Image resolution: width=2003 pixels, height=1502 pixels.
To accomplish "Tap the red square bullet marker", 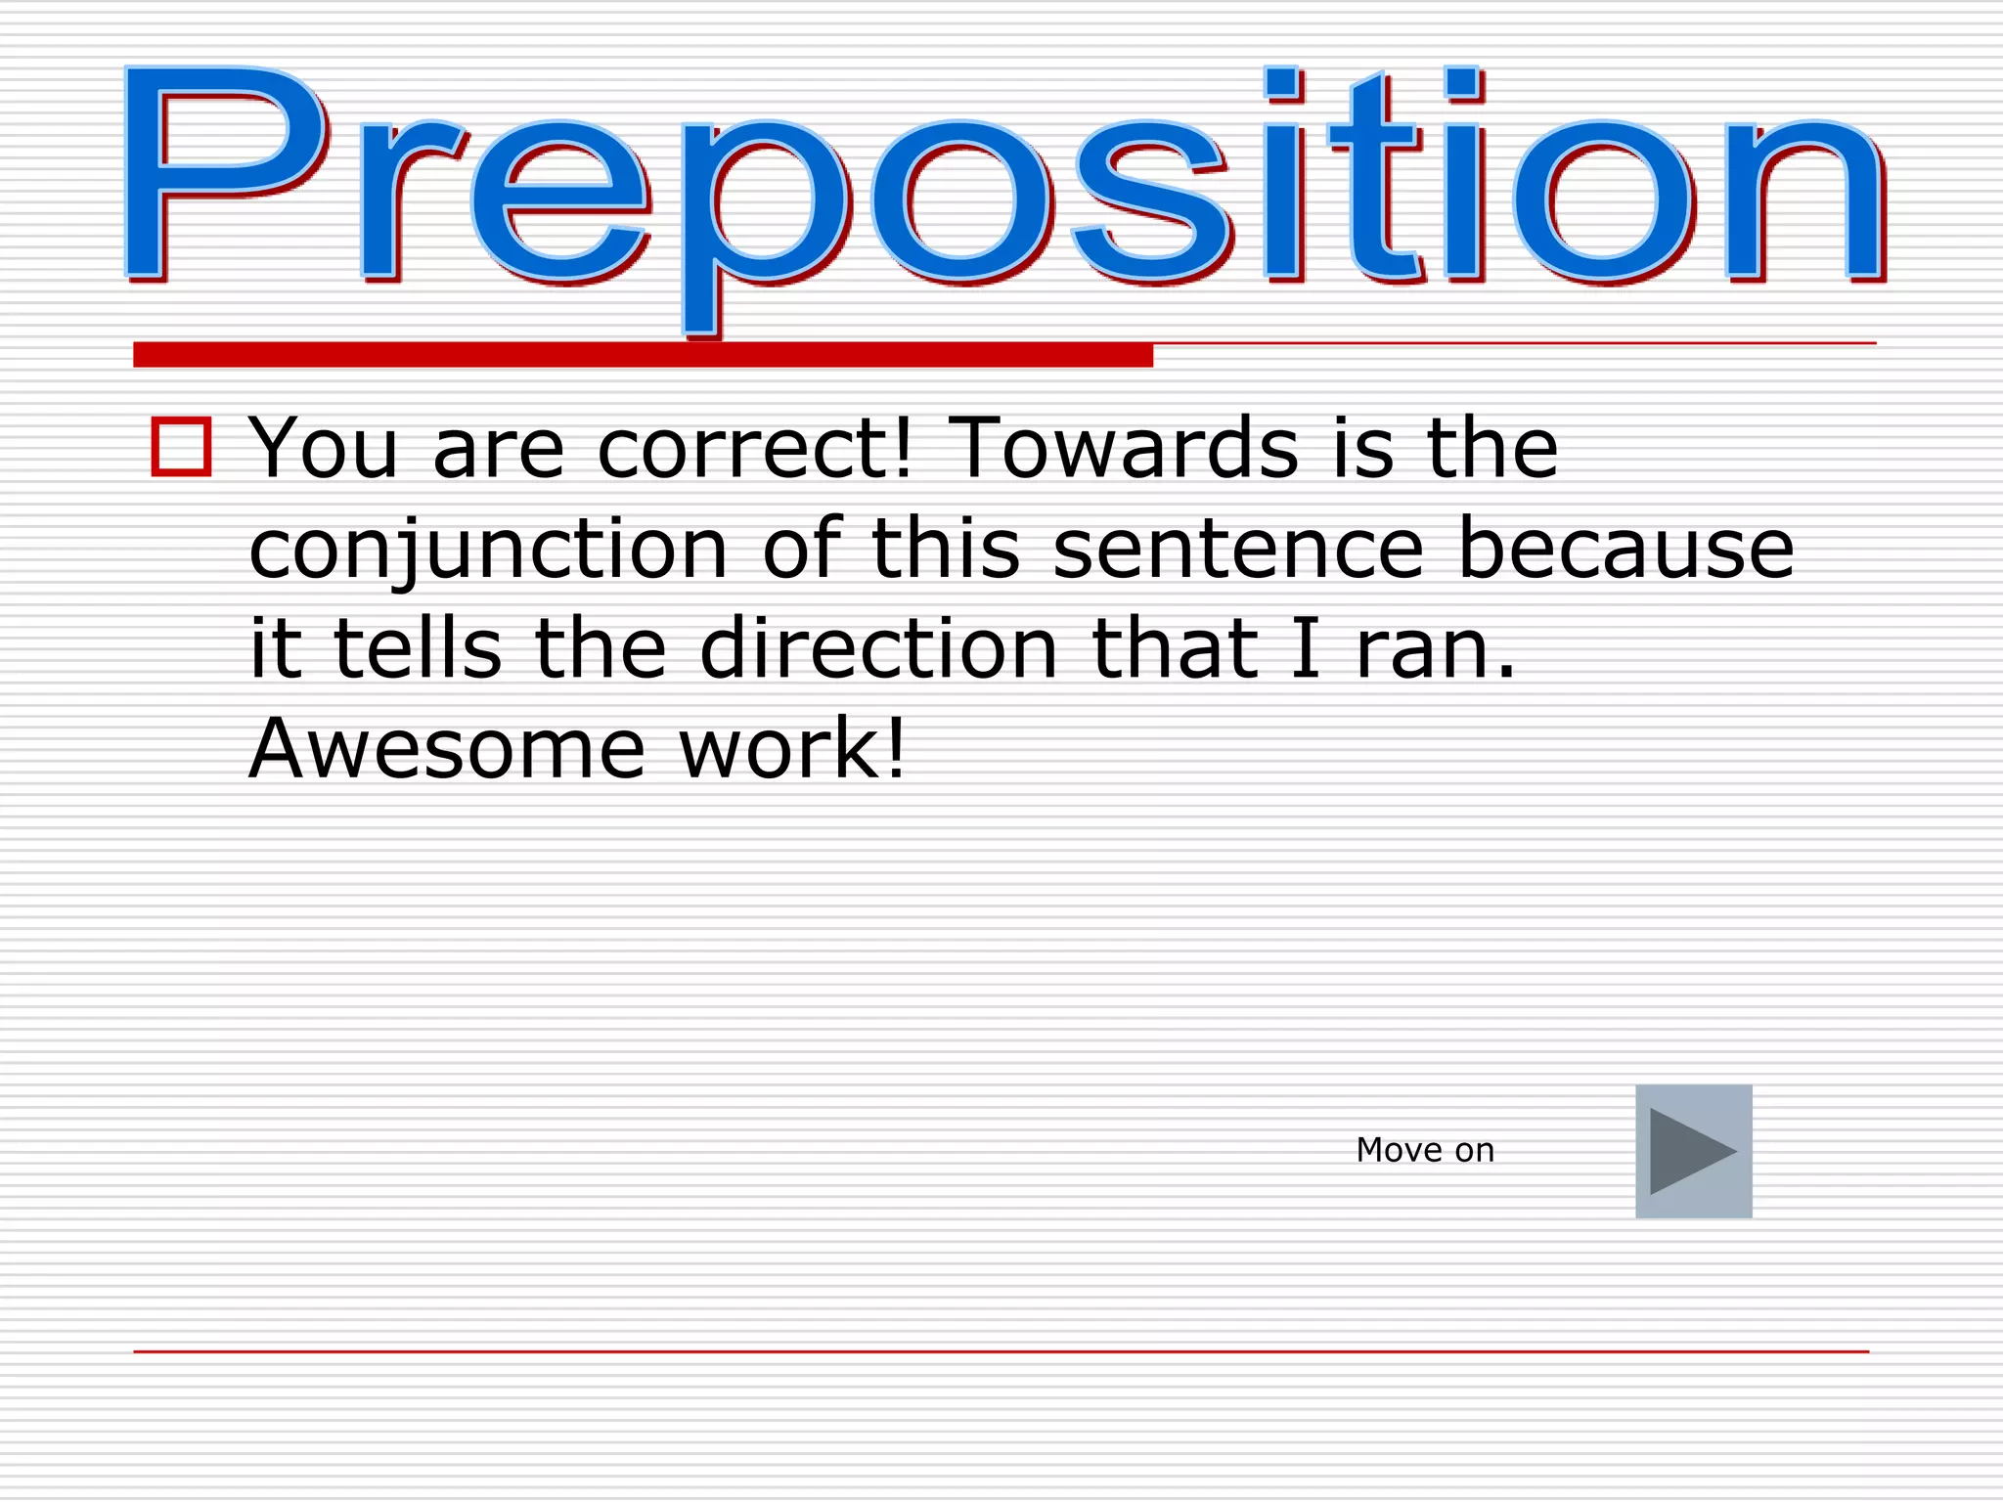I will (x=181, y=447).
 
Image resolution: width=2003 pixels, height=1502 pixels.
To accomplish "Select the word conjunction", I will (x=488, y=550).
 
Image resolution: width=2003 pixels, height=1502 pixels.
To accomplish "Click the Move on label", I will (x=1425, y=1151).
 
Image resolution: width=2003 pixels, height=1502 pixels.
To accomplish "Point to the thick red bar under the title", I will (x=643, y=355).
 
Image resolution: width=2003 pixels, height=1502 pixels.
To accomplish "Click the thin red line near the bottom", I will (x=1001, y=1351).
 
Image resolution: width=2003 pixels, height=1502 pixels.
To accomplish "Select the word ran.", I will (x=1435, y=650).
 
